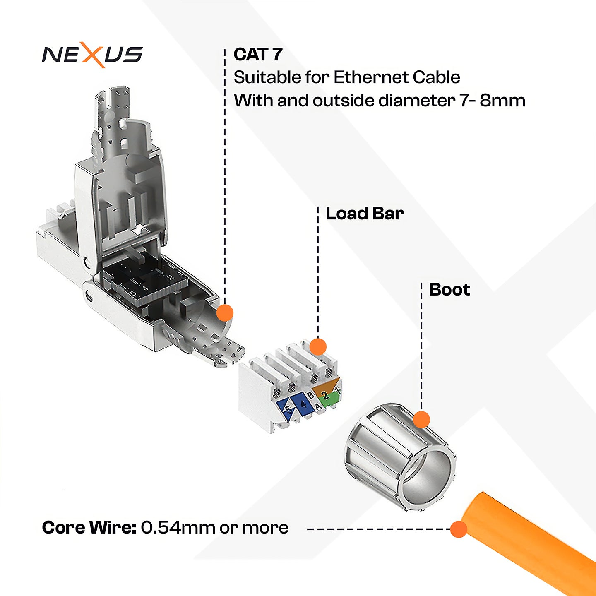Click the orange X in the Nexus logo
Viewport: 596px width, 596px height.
pos(92,55)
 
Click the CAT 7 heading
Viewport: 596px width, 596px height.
pos(258,55)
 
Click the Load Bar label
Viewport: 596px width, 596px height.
pos(365,214)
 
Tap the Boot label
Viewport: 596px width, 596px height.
pos(449,290)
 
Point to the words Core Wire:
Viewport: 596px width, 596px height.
pos(89,528)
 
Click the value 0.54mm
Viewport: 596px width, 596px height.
pos(178,528)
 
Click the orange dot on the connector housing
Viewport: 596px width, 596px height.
pos(225,313)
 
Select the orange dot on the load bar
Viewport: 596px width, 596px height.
pos(318,347)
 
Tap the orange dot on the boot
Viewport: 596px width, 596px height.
pos(421,419)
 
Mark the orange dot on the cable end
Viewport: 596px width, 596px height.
pos(459,529)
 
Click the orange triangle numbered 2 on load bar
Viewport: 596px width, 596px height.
pos(325,387)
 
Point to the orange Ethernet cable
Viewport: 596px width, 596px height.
pos(534,538)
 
